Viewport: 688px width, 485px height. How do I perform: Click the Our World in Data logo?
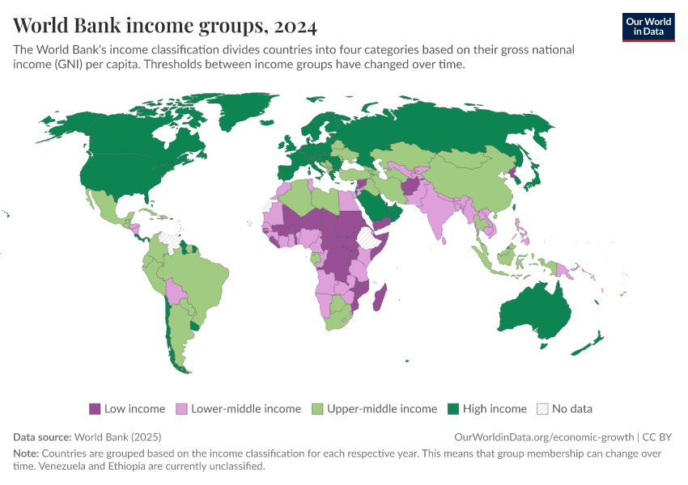pyautogui.click(x=648, y=26)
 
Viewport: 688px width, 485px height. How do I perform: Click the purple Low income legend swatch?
pyautogui.click(x=95, y=409)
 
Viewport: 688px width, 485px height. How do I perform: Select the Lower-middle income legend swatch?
pyautogui.click(x=182, y=409)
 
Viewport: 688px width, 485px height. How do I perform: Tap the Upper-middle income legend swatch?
pyautogui.click(x=318, y=409)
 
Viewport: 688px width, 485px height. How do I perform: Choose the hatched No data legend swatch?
pyautogui.click(x=543, y=409)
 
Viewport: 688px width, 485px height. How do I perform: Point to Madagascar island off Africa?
pyautogui.click(x=380, y=297)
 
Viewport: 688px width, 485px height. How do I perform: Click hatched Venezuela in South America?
pyautogui.click(x=169, y=239)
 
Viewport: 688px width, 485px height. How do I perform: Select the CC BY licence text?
pyautogui.click(x=657, y=436)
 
